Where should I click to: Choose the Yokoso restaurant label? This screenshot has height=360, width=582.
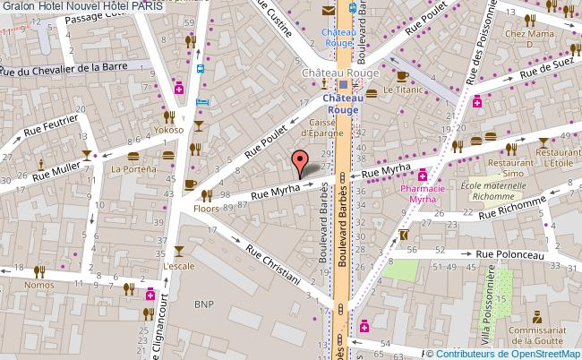pos(168,129)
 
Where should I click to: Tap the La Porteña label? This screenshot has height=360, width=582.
pos(129,168)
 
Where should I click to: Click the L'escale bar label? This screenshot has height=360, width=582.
pos(178,266)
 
